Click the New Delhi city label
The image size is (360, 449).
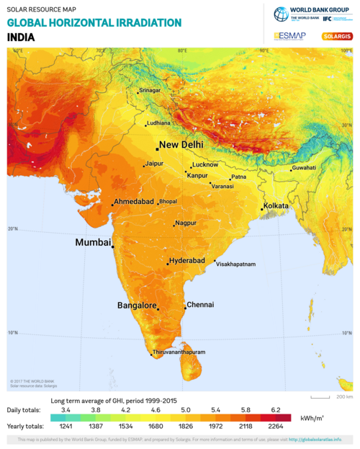(x=181, y=145)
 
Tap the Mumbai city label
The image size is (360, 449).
(x=93, y=243)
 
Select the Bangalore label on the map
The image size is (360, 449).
(x=137, y=306)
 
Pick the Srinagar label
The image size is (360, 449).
(x=150, y=91)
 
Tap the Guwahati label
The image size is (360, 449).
(x=303, y=169)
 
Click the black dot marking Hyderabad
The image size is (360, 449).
(x=168, y=264)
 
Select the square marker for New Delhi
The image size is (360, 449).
(x=157, y=148)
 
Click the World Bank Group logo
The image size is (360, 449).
(x=312, y=14)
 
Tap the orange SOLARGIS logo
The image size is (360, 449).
(x=337, y=35)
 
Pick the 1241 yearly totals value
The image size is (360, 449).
(x=66, y=426)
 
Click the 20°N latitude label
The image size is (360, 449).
(x=12, y=230)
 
